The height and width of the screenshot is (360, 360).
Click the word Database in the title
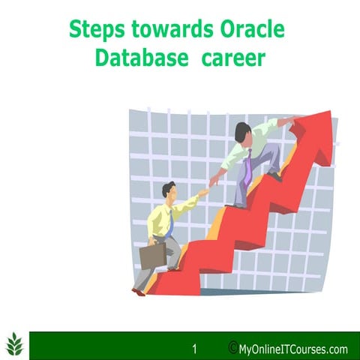pyautogui.click(x=140, y=58)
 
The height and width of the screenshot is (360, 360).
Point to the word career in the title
pyautogui.click(x=233, y=58)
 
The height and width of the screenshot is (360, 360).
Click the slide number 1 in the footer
pyautogui.click(x=194, y=349)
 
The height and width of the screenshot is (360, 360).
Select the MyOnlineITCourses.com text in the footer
pyautogui.click(x=293, y=349)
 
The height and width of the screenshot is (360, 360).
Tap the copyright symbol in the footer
pyautogui.click(x=232, y=348)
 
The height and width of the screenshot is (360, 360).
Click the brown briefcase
pyautogui.click(x=152, y=256)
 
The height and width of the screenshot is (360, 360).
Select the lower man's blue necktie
pyautogui.click(x=172, y=222)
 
